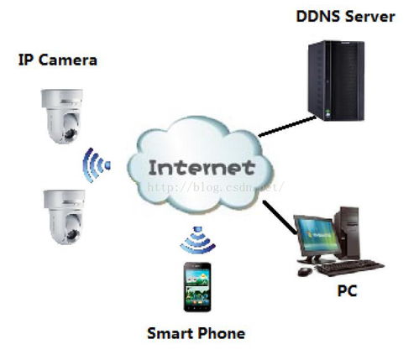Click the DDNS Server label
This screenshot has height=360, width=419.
tap(345, 17)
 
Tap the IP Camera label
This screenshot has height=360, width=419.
tap(58, 60)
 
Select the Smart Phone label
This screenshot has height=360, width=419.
tap(196, 333)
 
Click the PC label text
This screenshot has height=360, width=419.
tap(347, 291)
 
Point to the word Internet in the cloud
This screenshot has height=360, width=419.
tap(202, 168)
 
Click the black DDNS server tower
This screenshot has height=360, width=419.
tap(336, 81)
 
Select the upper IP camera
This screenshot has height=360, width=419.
tap(62, 116)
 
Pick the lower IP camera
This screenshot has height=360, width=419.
tap(65, 217)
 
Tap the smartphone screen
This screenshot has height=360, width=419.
tap(197, 286)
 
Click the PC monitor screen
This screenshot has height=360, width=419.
tap(318, 234)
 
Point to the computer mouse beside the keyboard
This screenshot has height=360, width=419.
tap(305, 271)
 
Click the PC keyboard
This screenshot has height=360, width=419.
tap(350, 268)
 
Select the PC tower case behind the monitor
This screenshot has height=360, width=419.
tap(347, 232)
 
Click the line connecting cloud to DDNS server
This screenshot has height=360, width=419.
tap(287, 127)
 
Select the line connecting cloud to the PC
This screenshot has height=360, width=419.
tap(280, 217)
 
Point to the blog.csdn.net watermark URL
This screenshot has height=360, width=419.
tap(216, 187)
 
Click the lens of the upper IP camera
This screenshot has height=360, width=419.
tap(70, 133)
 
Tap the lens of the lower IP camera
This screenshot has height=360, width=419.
tap(73, 234)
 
